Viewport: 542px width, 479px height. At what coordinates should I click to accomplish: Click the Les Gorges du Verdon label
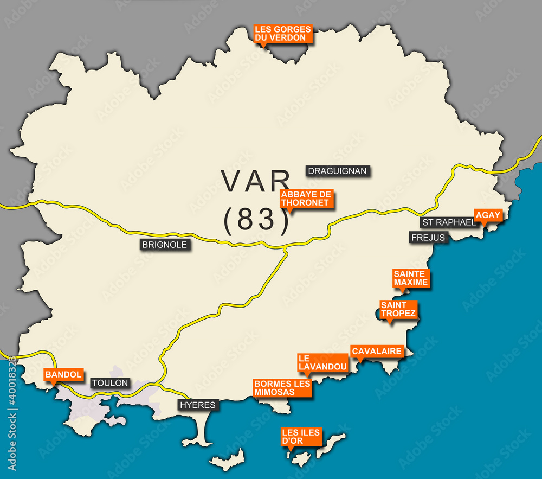coord(283,34)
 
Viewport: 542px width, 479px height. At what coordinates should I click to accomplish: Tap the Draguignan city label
coord(337,171)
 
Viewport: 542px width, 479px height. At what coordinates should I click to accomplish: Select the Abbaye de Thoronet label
coord(306,199)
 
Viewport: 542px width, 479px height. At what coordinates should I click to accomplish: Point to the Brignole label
coord(164,245)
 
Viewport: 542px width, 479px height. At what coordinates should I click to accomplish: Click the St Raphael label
coord(448,222)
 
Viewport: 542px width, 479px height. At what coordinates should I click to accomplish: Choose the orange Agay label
coord(488,215)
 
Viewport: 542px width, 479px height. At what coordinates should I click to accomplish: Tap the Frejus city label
coord(428,238)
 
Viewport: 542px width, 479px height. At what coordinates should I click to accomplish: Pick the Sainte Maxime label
coord(411,278)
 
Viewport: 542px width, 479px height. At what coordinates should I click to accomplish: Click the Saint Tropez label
coord(398,309)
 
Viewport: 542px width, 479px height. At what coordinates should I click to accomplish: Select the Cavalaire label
coord(377,352)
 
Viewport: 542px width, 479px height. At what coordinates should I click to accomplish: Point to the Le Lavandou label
coord(322,362)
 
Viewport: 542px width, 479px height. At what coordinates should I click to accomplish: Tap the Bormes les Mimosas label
coord(282,387)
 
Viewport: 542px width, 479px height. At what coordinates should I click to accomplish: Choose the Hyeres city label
coord(198,405)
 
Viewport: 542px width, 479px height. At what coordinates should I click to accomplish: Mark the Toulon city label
coord(110,383)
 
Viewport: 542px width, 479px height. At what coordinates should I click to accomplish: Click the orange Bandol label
coord(63,374)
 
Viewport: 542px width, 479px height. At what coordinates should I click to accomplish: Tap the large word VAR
coord(256,181)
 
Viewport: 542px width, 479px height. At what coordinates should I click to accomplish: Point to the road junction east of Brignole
coord(286,248)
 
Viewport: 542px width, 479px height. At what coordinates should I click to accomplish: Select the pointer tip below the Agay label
coord(483,226)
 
